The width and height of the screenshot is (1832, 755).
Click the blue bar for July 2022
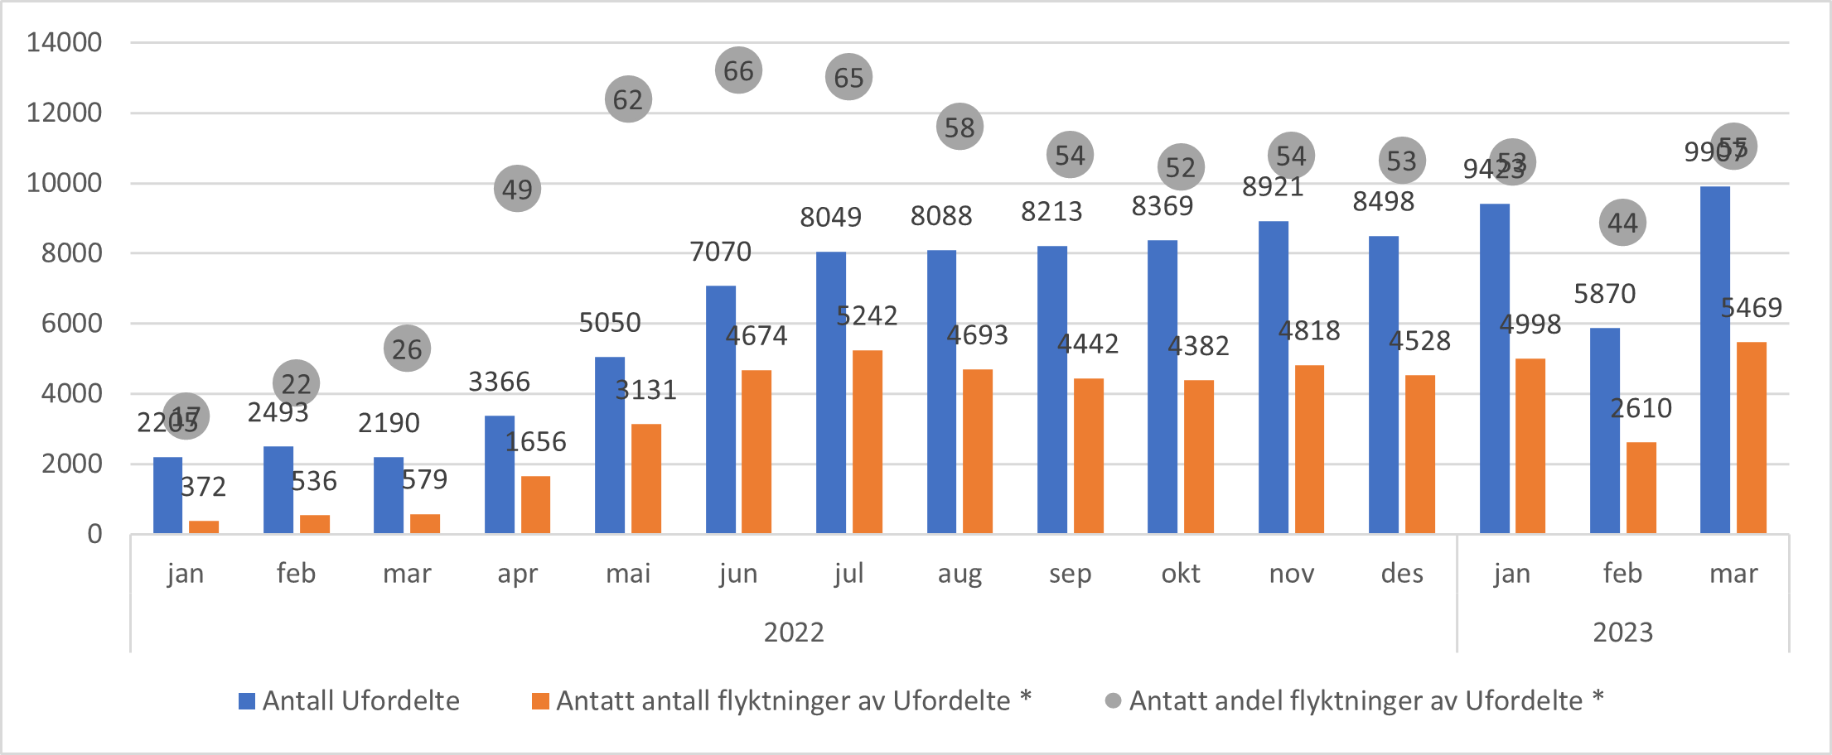830,392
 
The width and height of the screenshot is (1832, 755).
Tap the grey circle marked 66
738,70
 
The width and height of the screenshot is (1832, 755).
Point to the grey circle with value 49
517,189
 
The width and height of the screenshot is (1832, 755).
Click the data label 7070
720,251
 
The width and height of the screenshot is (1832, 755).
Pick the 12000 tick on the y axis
64,113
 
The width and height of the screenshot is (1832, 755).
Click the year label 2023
1622,632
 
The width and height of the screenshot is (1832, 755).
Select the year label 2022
793,632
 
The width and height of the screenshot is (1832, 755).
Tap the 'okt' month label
1180,573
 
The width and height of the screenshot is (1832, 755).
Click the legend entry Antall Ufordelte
360,701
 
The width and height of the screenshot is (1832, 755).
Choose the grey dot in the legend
1114,701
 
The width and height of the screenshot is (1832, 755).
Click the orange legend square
540,701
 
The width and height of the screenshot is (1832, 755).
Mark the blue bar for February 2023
1604,430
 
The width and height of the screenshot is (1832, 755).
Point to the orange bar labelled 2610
1641,488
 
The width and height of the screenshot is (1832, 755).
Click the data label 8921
1272,187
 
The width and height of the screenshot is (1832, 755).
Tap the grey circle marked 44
1622,223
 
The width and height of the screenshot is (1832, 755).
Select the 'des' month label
1401,573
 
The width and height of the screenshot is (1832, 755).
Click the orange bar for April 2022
535,504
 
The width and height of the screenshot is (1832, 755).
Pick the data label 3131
645,390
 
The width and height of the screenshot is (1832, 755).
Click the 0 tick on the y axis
94,534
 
